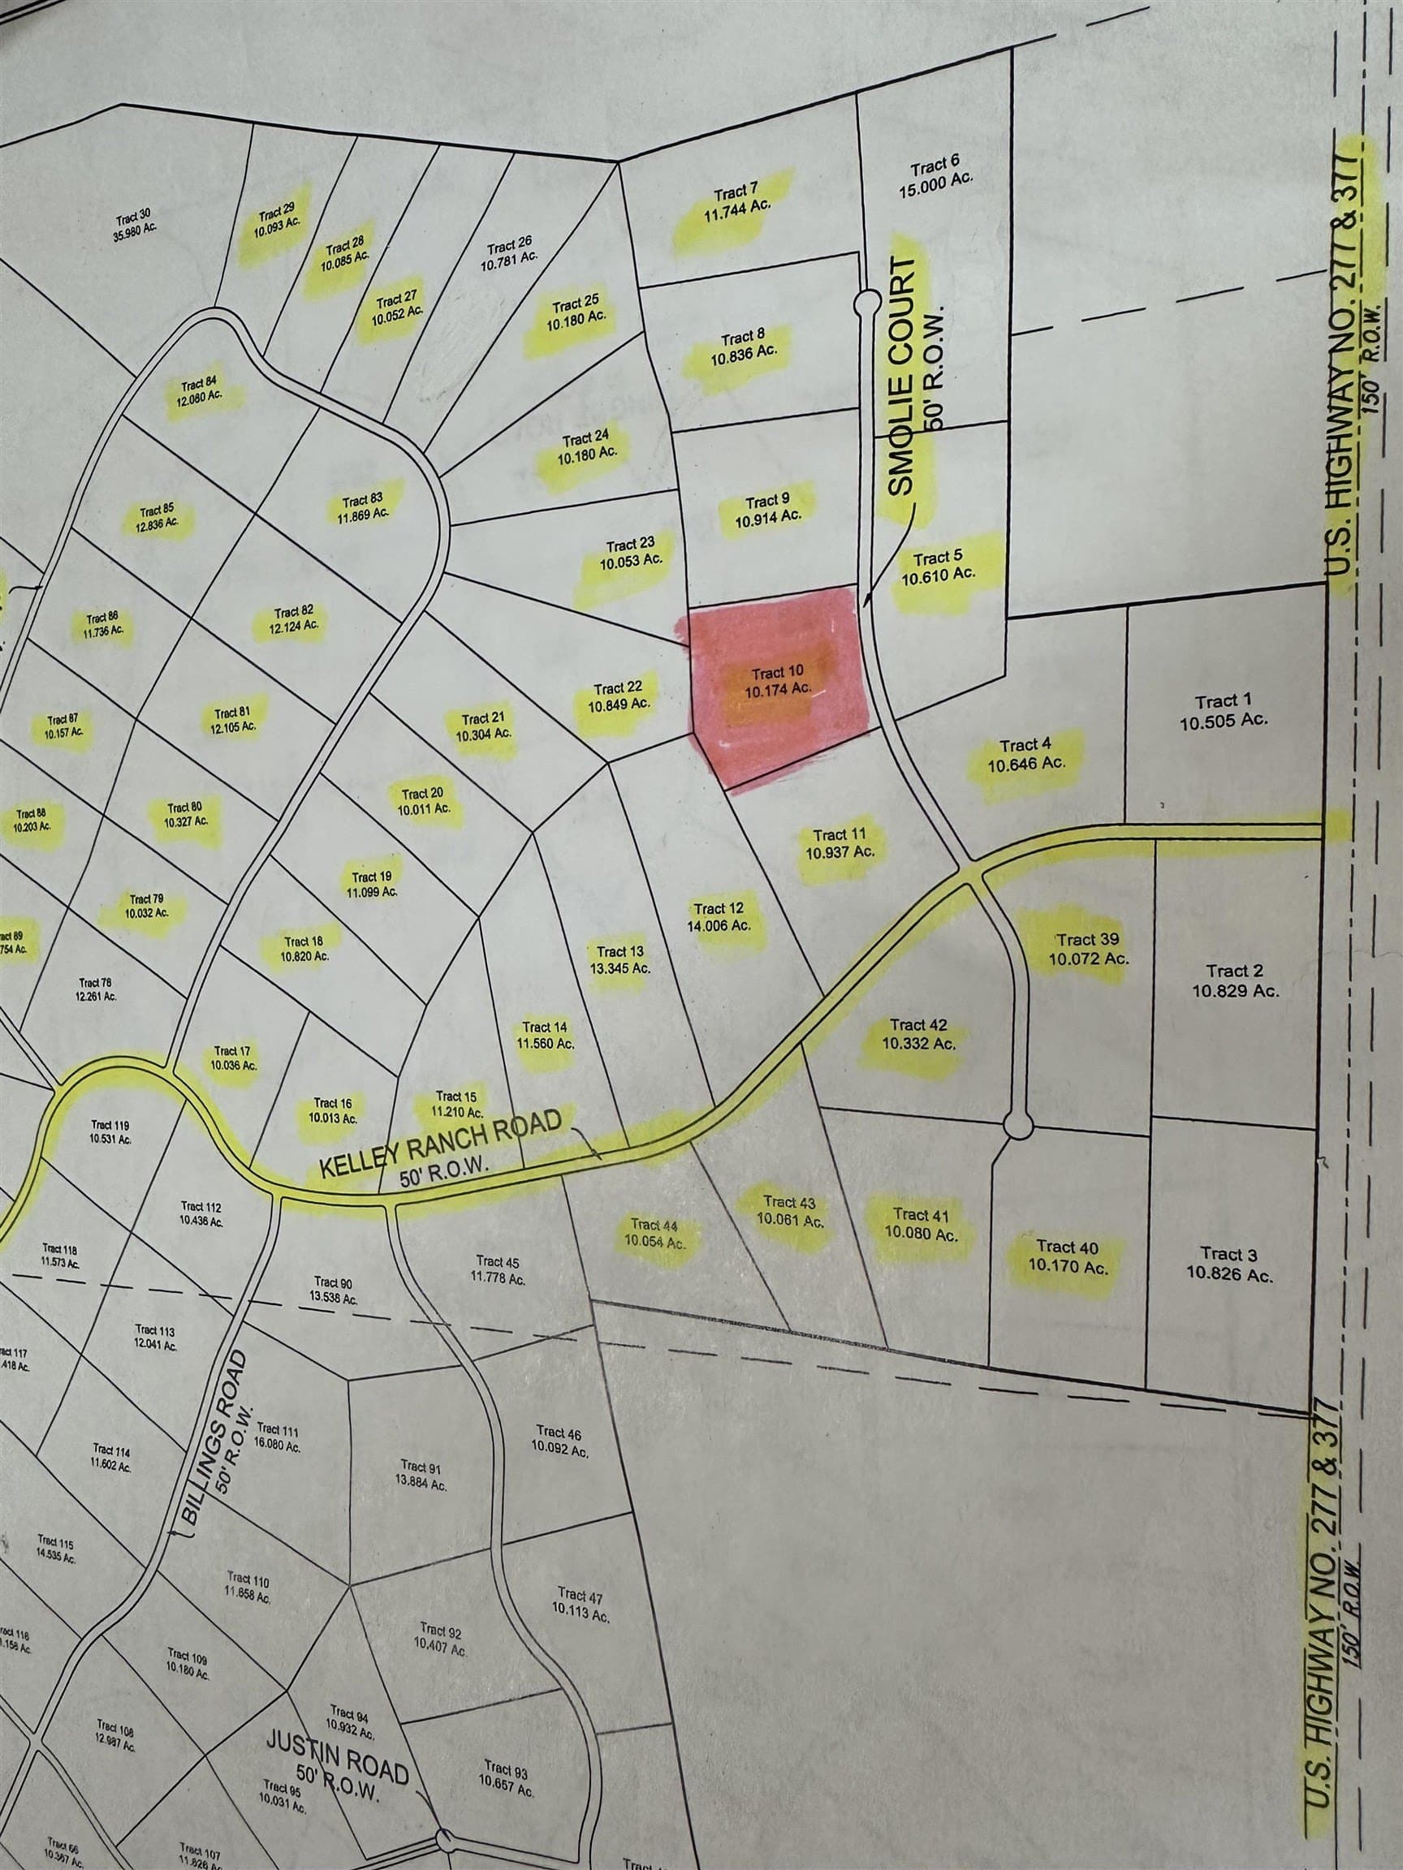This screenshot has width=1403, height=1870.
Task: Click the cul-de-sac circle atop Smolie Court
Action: [866, 301]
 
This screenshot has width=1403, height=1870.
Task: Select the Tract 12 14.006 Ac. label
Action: [719, 916]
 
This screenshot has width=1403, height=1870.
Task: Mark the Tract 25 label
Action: [576, 312]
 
